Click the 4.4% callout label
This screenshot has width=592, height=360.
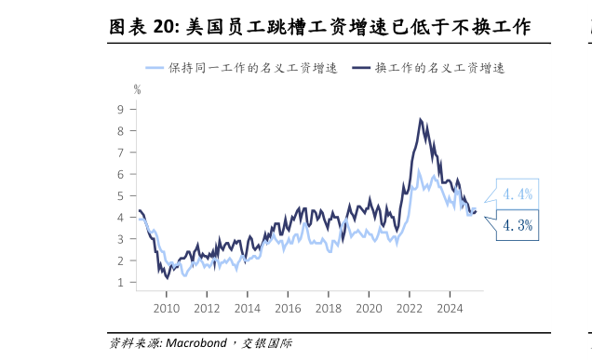(517, 194)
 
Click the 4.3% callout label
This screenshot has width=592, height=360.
(517, 224)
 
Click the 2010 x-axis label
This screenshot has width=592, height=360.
(166, 308)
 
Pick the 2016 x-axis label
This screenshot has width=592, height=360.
(288, 308)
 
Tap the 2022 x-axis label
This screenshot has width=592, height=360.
(410, 308)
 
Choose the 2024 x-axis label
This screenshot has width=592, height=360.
(450, 308)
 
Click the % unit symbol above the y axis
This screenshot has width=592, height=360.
(137, 90)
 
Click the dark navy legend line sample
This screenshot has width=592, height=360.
(359, 68)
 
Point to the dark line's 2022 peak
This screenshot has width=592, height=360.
(421, 119)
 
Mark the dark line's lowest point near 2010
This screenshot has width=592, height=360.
(168, 277)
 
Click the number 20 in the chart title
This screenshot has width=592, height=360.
(166, 28)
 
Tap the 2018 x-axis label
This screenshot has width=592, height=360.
(329, 308)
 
